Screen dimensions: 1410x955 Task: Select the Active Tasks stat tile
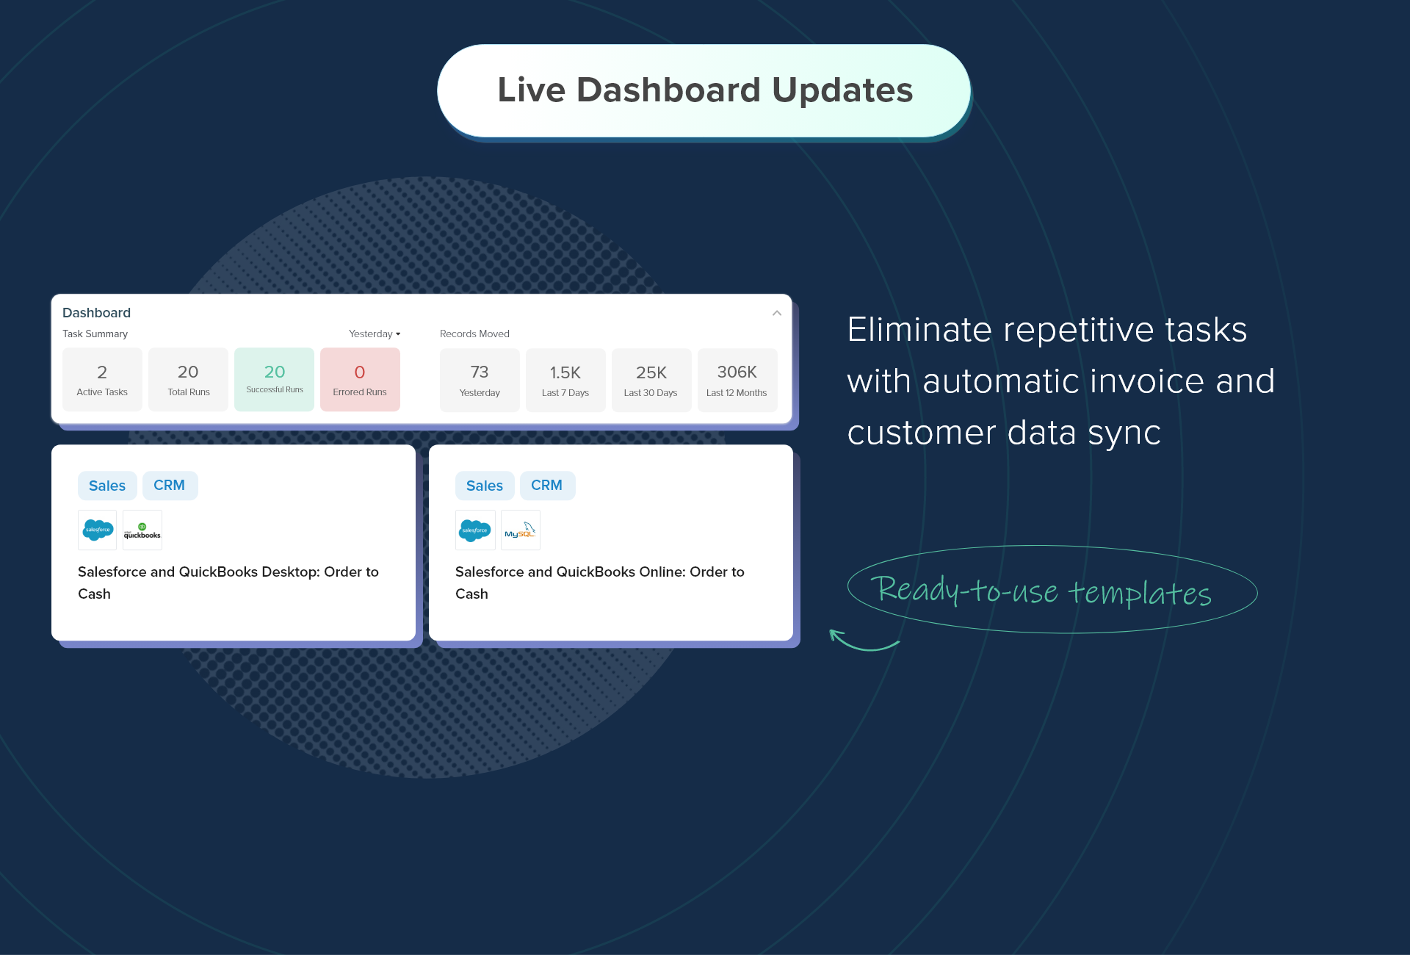[102, 379]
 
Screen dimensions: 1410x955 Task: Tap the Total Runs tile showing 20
[188, 379]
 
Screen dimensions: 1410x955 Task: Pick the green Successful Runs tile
[274, 379]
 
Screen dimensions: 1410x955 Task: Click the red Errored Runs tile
[360, 379]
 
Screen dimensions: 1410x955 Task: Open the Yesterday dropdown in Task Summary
[375, 334]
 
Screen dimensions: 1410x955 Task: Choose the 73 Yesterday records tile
[480, 380]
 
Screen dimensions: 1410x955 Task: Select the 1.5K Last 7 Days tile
[565, 380]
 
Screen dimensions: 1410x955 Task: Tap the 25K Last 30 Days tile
[651, 380]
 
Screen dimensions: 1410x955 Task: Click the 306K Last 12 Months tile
[737, 380]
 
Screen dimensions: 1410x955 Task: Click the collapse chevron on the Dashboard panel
[776, 313]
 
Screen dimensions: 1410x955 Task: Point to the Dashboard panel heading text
[96, 312]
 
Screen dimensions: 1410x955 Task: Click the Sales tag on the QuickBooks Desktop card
[107, 486]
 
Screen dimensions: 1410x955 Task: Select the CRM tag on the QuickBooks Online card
[547, 486]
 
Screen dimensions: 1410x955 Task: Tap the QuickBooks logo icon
[142, 530]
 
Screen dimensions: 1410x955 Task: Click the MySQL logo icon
[520, 530]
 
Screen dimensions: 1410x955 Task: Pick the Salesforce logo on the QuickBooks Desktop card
[98, 530]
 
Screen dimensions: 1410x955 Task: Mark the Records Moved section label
[474, 334]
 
